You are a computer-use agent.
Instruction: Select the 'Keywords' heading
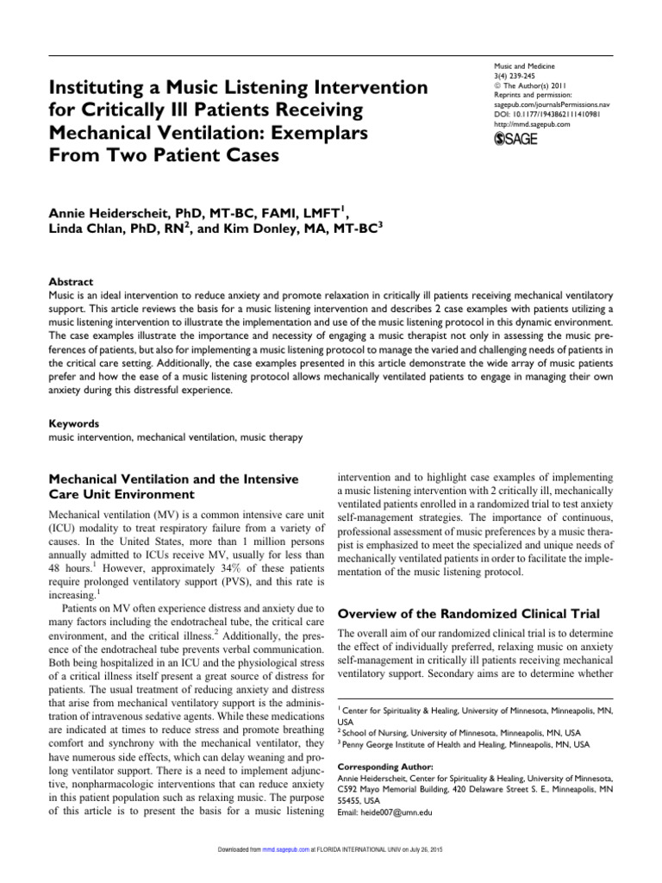pyautogui.click(x=74, y=424)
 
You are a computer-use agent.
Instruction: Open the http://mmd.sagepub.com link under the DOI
pyautogui.click(x=521, y=124)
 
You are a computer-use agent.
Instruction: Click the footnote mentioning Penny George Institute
pyautogui.click(x=464, y=742)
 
